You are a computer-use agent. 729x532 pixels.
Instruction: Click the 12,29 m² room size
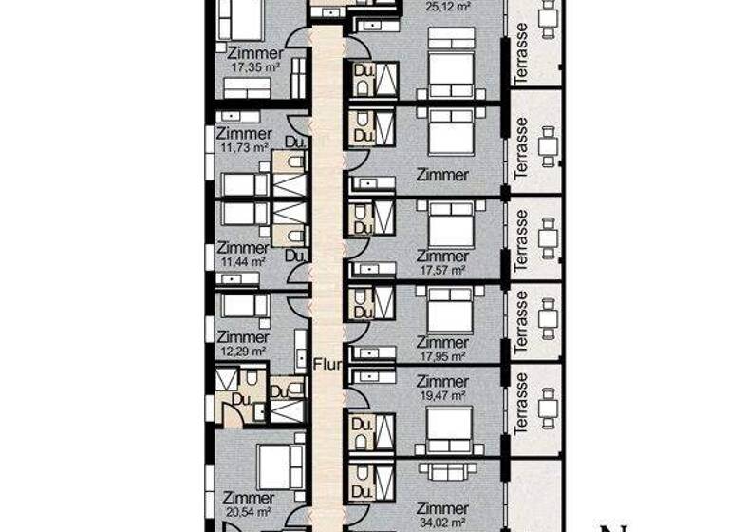coord(242,351)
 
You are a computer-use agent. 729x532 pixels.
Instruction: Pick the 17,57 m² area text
coord(443,270)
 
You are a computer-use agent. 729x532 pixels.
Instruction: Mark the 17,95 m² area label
coord(443,356)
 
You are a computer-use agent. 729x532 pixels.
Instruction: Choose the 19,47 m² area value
coord(443,395)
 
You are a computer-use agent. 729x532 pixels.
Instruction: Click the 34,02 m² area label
coord(443,522)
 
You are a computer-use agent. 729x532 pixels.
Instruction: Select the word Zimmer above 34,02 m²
coord(443,509)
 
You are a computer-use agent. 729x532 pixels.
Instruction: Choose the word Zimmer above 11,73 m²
coord(244,134)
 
